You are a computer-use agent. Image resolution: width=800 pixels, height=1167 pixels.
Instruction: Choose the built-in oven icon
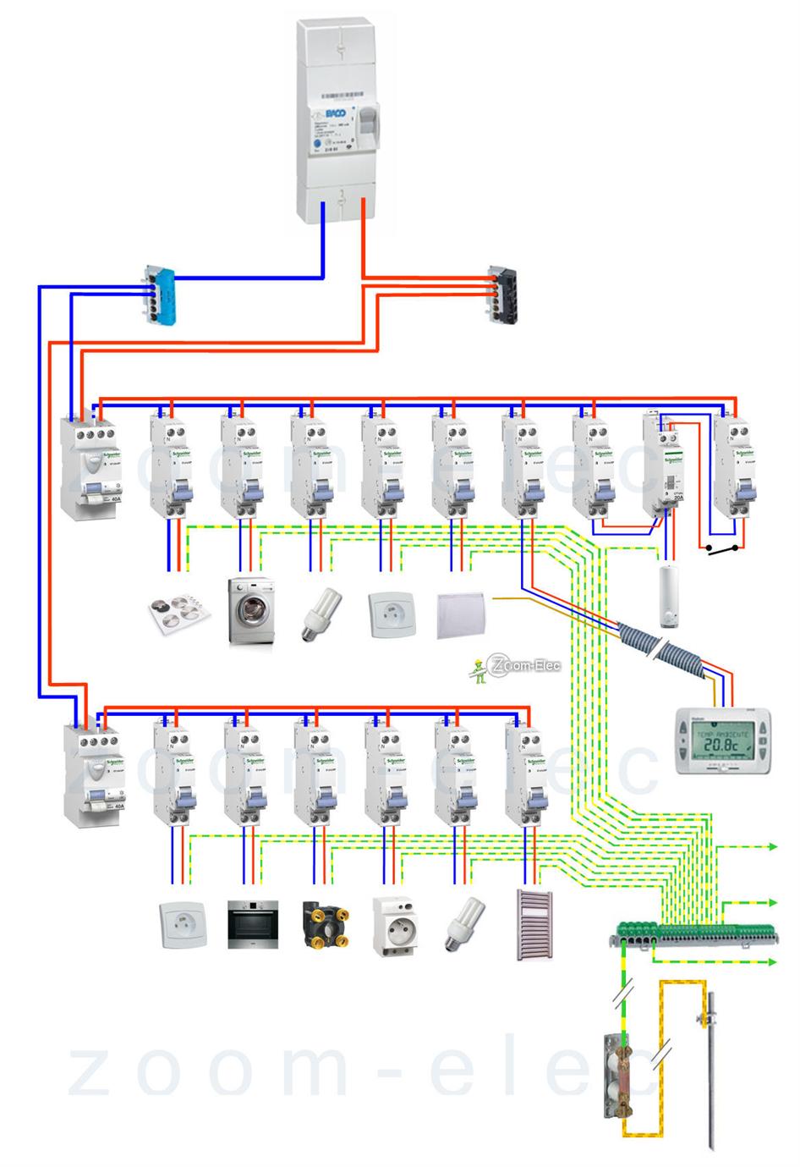click(x=251, y=927)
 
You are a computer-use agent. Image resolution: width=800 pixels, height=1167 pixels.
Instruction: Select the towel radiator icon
click(x=534, y=924)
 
